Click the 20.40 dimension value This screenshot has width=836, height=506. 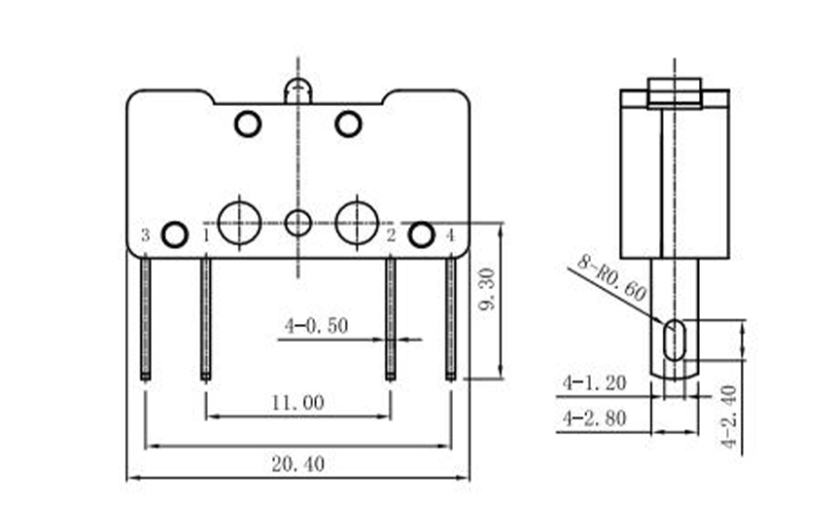(298, 464)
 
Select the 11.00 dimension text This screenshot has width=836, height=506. (298, 402)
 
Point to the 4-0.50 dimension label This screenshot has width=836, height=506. (316, 326)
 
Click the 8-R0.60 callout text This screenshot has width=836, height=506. (610, 278)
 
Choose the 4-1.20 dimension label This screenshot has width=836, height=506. (593, 382)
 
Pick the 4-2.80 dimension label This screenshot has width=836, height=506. (593, 417)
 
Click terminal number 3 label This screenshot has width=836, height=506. (145, 235)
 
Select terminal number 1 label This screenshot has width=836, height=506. (206, 235)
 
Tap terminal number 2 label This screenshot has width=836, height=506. (390, 235)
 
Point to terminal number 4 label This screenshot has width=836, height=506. (449, 235)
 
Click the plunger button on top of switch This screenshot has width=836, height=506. (297, 91)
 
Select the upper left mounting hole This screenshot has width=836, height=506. (248, 125)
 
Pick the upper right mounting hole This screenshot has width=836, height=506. (348, 125)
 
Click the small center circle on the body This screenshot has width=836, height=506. (298, 223)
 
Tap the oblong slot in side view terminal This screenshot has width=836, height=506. (673, 340)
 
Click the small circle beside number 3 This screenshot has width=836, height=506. (174, 235)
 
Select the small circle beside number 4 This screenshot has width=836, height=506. (421, 235)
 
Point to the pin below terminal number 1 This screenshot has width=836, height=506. (206, 316)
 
